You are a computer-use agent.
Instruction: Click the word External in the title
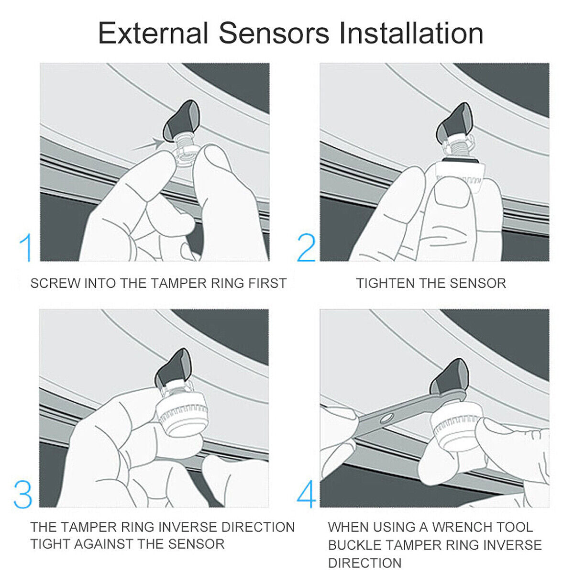point(153,33)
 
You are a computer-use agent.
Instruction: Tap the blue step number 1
point(26,248)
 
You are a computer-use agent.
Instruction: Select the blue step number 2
point(306,248)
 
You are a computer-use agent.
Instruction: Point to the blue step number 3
point(23,495)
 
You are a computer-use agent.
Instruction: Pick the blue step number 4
point(307,495)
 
